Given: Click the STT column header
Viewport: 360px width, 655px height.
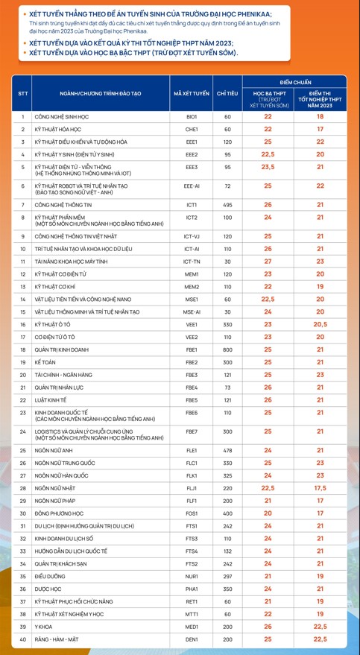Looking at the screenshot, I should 22,93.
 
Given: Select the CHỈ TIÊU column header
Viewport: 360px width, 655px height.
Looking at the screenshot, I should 227,93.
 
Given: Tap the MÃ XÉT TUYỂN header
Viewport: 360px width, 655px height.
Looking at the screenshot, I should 192,93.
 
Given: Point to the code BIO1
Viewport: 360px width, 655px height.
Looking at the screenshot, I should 192,117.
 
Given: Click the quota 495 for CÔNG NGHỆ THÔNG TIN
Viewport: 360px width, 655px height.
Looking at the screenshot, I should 227,204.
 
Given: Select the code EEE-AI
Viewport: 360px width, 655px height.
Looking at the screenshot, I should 192,186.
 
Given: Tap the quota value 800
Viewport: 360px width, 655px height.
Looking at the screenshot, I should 227,349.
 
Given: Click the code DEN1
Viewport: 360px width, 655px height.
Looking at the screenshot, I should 192,639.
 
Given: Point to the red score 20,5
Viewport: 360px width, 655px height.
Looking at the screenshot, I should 320,324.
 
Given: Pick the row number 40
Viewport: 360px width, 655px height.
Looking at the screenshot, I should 22,639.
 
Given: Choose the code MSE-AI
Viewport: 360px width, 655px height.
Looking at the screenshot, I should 192,311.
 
